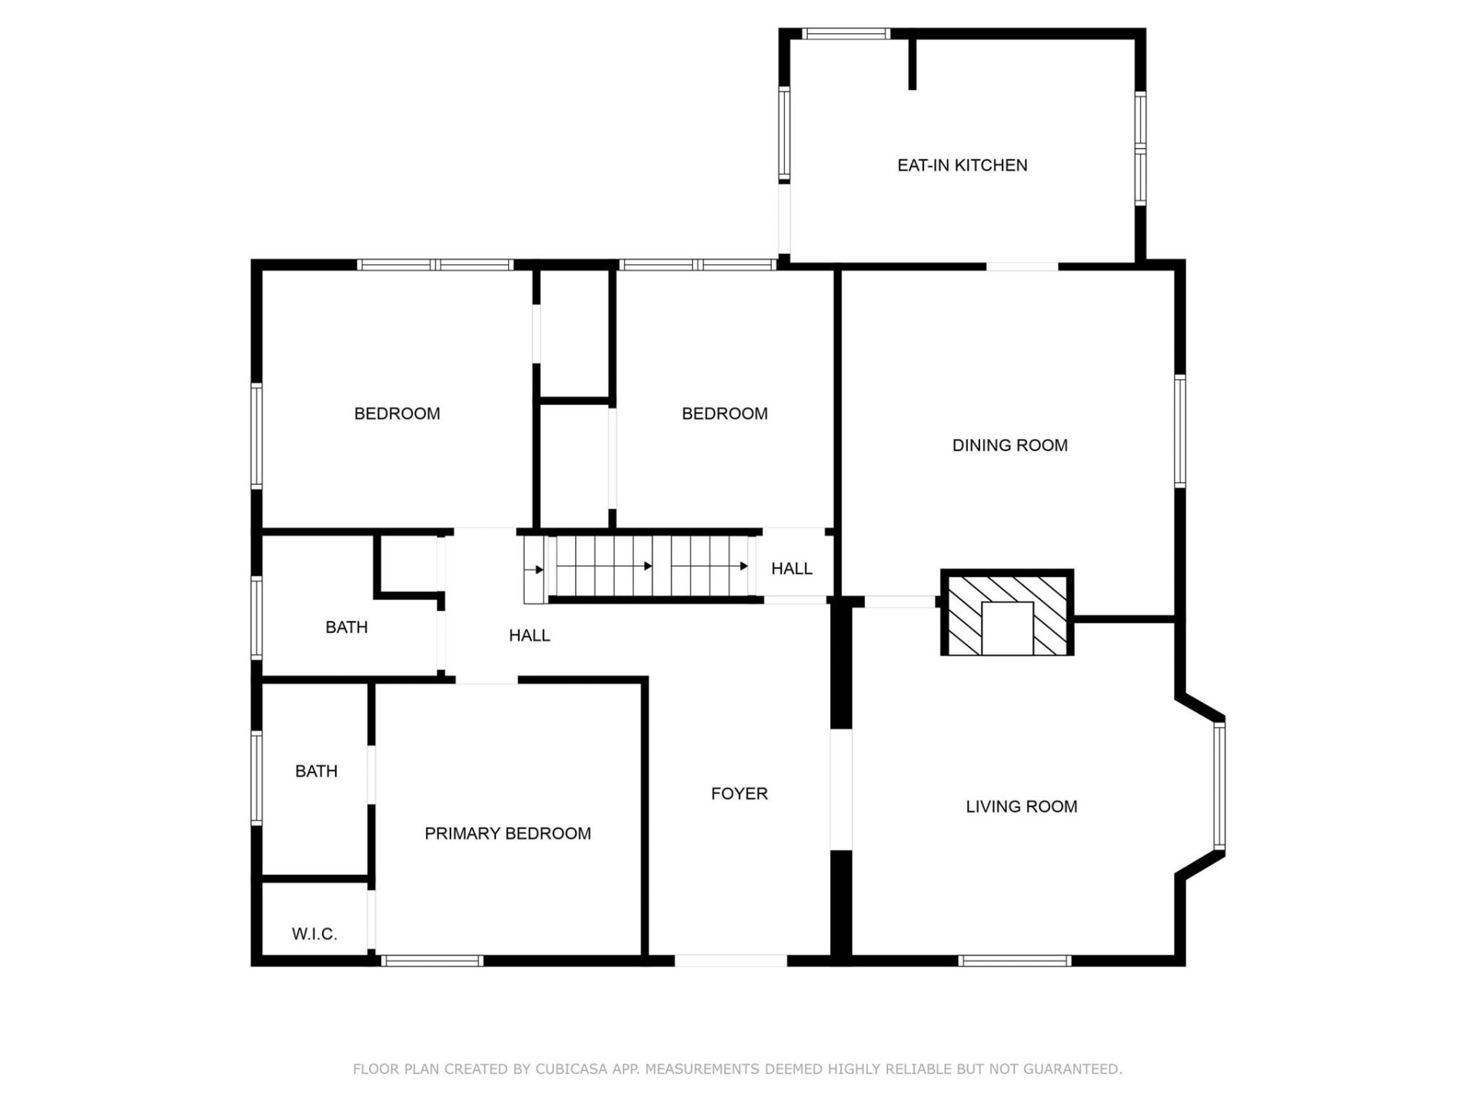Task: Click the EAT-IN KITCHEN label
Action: [962, 165]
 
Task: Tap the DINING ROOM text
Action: [1009, 445]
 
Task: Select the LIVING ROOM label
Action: [1021, 806]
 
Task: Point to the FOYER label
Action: [739, 793]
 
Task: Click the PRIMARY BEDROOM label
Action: [507, 833]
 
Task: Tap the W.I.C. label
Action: [314, 934]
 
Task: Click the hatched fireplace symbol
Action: [1006, 613]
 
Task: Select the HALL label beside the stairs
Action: [791, 569]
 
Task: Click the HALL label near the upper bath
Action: [529, 636]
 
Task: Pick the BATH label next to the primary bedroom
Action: [316, 771]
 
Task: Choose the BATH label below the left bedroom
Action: [346, 627]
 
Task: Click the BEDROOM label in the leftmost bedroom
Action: [397, 414]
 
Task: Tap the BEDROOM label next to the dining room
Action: [724, 414]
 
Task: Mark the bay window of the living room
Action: [1219, 786]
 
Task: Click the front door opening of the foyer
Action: [730, 960]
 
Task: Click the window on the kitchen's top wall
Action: [846, 34]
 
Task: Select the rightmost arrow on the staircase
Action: [743, 567]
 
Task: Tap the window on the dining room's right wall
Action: [1180, 430]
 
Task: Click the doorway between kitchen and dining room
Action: [1022, 266]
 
